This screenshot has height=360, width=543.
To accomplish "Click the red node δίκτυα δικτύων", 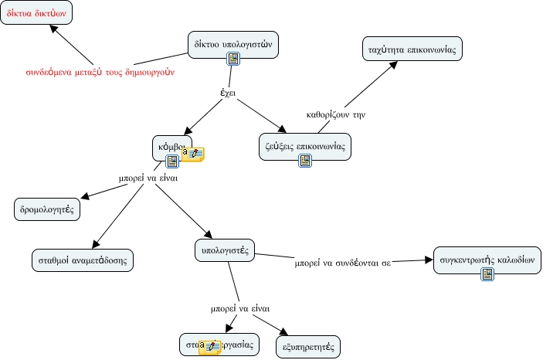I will [42, 13].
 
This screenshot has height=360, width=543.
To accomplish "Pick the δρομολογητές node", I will [46, 209].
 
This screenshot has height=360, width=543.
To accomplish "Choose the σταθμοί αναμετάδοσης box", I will [83, 259].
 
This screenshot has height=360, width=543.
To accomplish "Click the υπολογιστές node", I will [223, 250].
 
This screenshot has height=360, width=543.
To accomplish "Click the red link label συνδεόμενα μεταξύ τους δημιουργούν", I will [100, 73].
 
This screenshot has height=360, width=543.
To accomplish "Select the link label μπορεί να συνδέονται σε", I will [343, 263].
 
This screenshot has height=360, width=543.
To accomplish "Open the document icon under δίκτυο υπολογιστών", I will [232, 60].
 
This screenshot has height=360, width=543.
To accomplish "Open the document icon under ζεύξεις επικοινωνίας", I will [305, 161].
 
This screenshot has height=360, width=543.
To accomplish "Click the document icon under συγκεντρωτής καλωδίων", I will [487, 274].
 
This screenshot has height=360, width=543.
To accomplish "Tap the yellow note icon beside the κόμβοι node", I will [193, 154].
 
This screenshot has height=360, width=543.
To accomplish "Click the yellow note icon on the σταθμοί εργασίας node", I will [210, 346].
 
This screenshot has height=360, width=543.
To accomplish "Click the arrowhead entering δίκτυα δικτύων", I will [53, 29].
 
